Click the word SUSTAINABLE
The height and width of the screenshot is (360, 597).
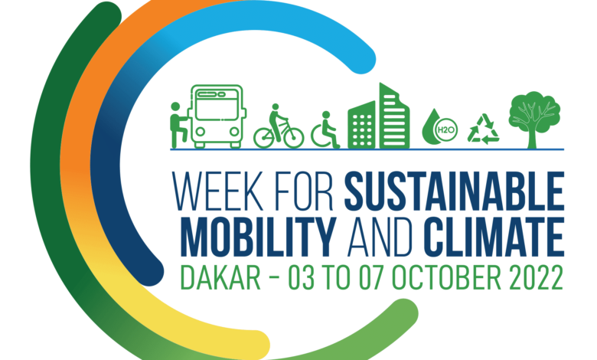tap(454, 191)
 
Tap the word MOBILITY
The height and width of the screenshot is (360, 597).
tap(259, 237)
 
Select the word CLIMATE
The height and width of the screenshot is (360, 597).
tap(494, 237)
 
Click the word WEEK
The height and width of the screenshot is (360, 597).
tap(218, 191)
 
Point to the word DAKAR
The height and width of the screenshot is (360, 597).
tap(220, 278)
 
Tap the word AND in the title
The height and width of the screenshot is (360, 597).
tap(380, 237)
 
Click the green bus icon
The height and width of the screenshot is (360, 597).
tap(217, 116)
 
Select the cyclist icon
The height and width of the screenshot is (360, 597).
tap(279, 126)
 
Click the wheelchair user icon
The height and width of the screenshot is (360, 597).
tap(325, 130)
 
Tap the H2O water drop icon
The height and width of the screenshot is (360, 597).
tap(439, 127)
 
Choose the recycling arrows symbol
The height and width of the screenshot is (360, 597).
tap(483, 129)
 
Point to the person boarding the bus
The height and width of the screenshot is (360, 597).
tap(178, 125)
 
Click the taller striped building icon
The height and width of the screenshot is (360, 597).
tap(394, 116)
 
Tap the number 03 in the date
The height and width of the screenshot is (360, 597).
tap(301, 278)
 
